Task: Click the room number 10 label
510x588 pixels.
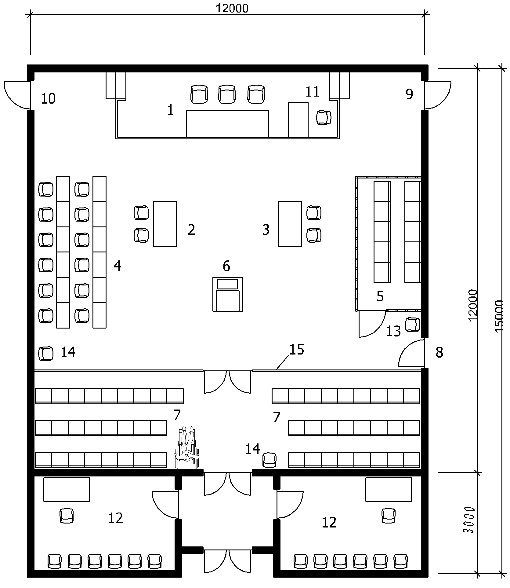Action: tap(48, 99)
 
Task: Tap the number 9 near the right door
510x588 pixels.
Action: tap(409, 94)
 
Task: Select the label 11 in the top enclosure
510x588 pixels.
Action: tap(313, 92)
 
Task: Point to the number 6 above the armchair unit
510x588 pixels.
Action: tap(226, 266)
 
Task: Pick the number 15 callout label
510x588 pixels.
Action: tap(297, 350)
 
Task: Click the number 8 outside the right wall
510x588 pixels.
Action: tap(439, 353)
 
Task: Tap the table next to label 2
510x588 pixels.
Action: tap(165, 224)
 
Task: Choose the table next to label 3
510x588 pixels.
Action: tap(290, 224)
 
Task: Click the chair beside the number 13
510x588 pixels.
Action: tap(413, 324)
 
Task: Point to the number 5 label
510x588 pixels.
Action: tap(380, 296)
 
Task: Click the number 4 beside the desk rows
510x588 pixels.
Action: tap(117, 266)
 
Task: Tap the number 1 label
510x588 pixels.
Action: tap(171, 110)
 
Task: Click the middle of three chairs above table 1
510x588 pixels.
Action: tap(227, 94)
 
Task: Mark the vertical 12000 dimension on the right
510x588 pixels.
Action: tap(472, 305)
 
